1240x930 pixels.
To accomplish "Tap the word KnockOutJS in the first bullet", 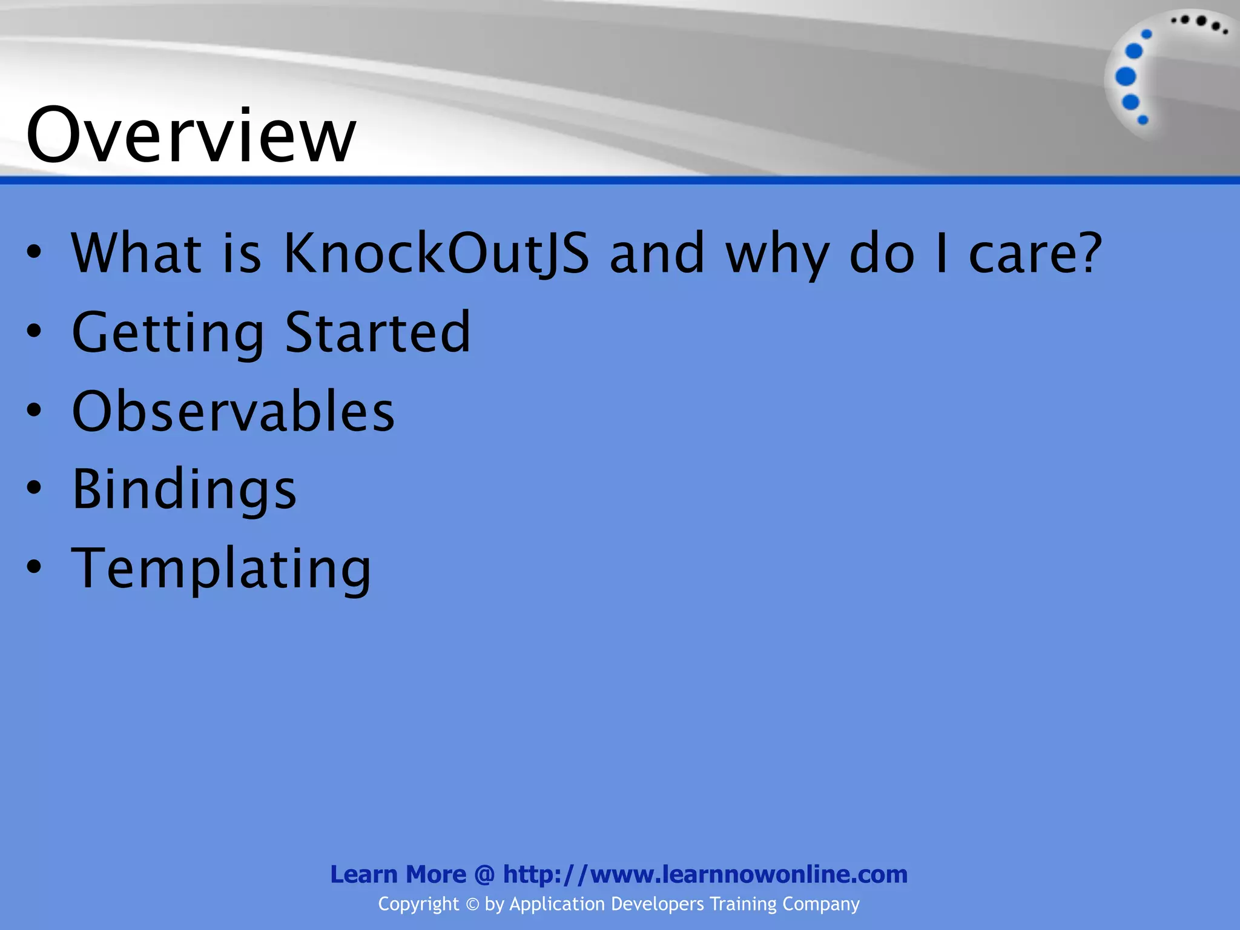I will (436, 253).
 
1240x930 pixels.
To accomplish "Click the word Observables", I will (233, 411).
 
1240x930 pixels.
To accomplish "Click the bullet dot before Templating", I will (35, 567).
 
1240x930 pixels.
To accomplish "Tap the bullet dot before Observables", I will (35, 410).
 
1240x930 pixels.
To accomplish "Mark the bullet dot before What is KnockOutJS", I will (35, 252).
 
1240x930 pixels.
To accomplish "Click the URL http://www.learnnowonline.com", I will (705, 874).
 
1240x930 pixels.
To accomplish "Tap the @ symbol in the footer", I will (484, 875).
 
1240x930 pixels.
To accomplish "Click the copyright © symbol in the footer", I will (472, 905).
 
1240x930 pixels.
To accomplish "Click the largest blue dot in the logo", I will (1126, 77).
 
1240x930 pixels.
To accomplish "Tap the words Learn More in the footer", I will (398, 874).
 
